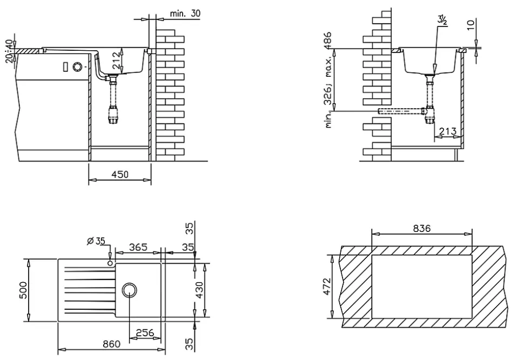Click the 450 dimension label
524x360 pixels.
[x=120, y=174]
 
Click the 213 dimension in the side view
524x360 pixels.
[x=448, y=131]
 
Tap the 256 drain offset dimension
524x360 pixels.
[x=144, y=332]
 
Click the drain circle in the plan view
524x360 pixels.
[x=130, y=290]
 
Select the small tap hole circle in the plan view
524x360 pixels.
[x=110, y=263]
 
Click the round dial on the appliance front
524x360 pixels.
[x=77, y=66]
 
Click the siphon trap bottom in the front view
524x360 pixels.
[x=113, y=118]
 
